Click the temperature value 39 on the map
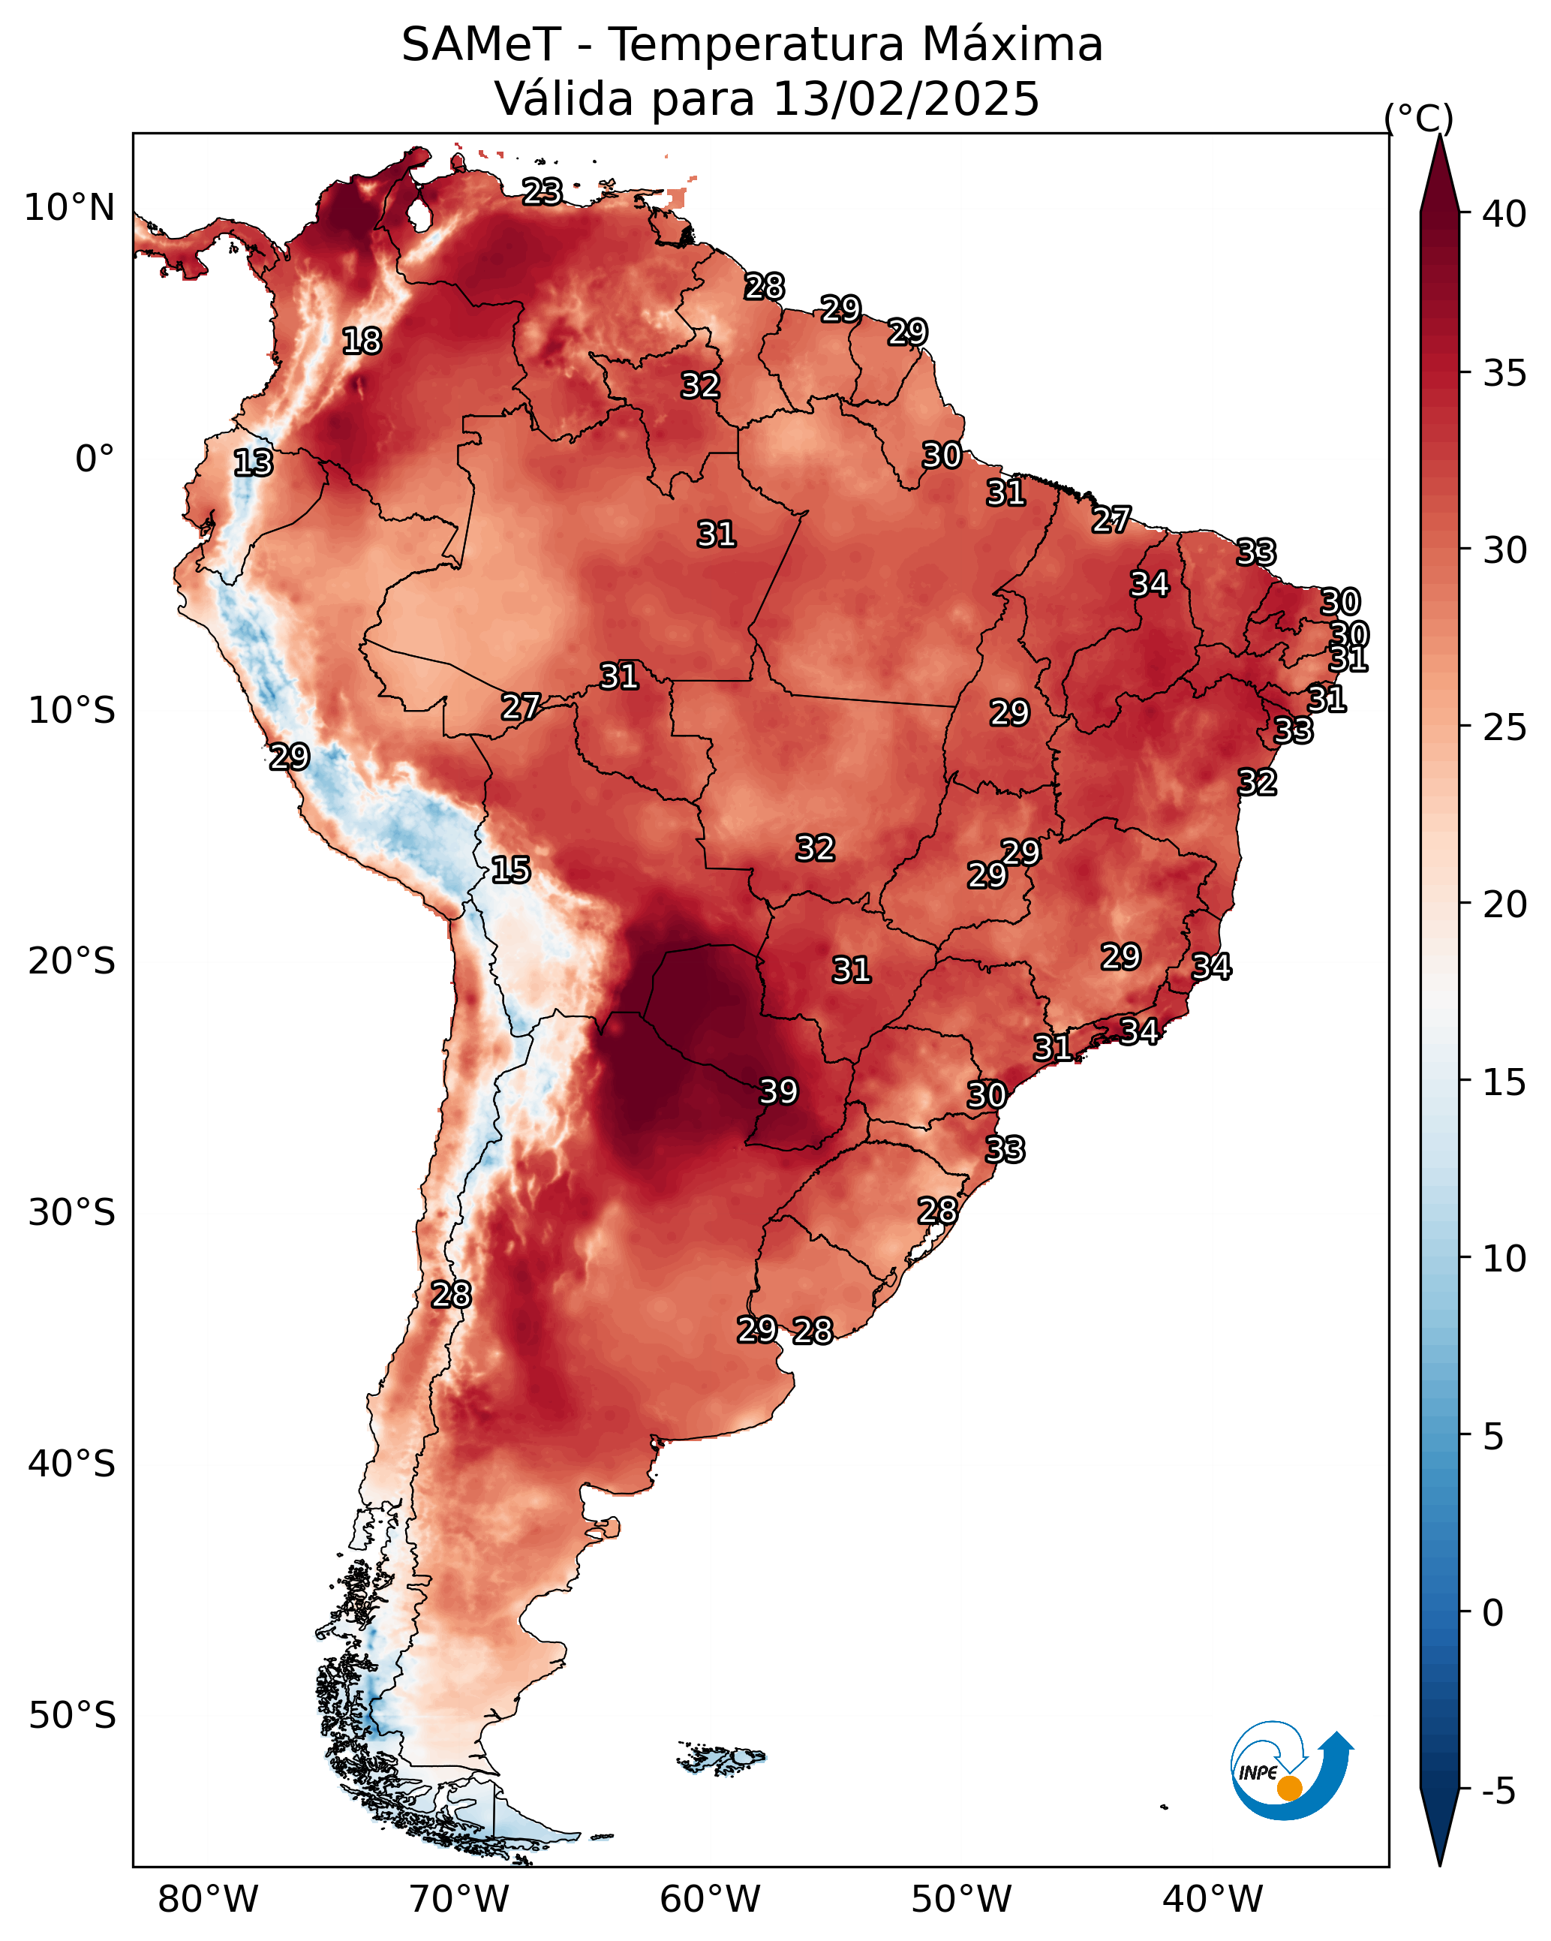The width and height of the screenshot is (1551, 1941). tap(779, 1091)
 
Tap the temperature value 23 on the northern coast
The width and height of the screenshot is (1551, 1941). tap(543, 191)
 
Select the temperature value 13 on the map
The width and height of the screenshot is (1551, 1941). tap(253, 463)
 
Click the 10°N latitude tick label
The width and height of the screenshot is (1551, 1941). tap(69, 208)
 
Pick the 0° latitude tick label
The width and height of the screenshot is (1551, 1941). tap(95, 459)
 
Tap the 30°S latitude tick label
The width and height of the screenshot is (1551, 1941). tap(72, 1213)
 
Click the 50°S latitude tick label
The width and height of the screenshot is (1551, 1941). tap(72, 1716)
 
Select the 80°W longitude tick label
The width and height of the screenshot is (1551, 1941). tap(208, 1899)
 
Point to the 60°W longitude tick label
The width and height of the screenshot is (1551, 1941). tap(711, 1899)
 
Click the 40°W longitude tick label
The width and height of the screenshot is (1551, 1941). tap(1213, 1899)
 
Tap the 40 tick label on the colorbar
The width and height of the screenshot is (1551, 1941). tap(1504, 214)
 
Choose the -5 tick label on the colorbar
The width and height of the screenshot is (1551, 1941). tap(1498, 1792)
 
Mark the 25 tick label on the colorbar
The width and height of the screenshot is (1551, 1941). tap(1504, 727)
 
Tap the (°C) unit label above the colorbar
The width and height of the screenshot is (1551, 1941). tap(1419, 118)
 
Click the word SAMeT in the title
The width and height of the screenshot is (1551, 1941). tap(482, 45)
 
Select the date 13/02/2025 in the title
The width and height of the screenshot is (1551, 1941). tap(906, 99)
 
